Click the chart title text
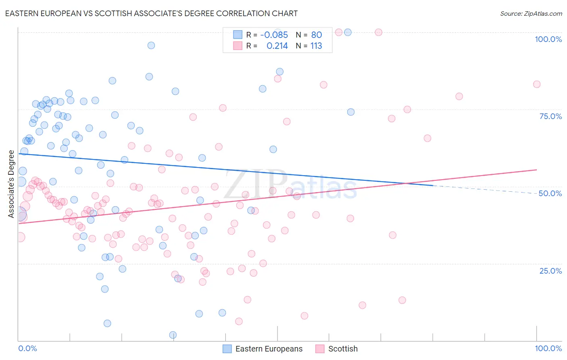[x=151, y=13]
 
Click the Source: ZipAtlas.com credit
[x=531, y=13]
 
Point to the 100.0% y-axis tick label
[x=548, y=39]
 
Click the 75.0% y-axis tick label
[x=550, y=116]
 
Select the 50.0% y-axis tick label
[x=550, y=193]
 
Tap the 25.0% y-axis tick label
[x=550, y=270]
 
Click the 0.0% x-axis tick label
[x=27, y=348]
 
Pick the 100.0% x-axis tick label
[x=548, y=348]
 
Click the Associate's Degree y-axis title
[x=11, y=184]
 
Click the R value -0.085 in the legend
[x=274, y=35]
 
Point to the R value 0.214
[x=277, y=46]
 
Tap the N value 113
[x=316, y=46]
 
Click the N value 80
[x=317, y=35]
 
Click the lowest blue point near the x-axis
[x=173, y=335]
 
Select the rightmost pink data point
[x=536, y=84]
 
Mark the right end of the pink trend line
[x=536, y=170]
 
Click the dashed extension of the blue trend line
[x=484, y=190]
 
